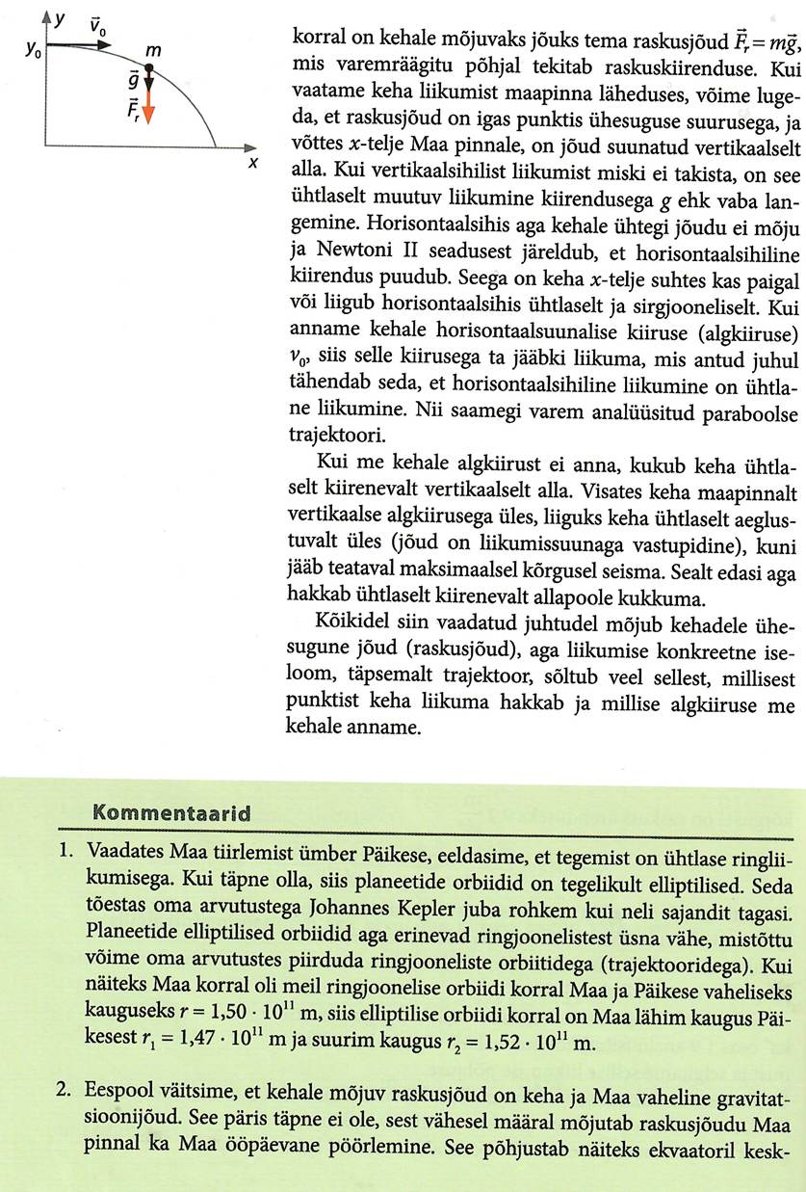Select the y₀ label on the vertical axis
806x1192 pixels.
pos(32,47)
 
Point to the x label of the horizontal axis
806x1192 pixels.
pos(254,163)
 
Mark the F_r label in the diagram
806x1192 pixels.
pos(134,109)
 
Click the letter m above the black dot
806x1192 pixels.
pos(152,47)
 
